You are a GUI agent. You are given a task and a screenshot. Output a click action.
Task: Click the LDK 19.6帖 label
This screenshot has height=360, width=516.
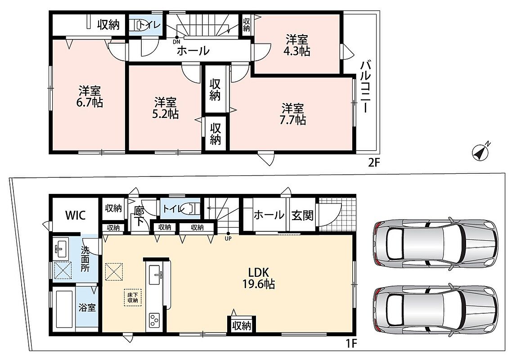[x=259, y=278]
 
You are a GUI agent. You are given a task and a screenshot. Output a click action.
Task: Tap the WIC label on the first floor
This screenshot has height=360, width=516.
[x=76, y=216]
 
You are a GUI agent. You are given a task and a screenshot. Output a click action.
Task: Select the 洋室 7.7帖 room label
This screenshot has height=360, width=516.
[x=292, y=114]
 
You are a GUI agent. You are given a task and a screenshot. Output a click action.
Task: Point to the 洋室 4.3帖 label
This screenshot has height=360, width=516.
[x=297, y=45]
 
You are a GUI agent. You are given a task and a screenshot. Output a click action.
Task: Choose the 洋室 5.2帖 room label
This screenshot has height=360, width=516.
[x=166, y=108]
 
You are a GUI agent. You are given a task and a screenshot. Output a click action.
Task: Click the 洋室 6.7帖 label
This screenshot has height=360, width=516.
[x=90, y=96]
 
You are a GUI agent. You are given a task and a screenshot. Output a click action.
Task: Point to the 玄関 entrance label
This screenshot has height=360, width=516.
[x=302, y=216]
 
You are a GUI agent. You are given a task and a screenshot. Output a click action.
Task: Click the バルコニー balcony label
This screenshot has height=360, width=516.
[x=365, y=86]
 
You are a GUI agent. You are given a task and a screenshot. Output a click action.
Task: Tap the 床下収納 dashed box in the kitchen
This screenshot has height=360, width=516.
[x=133, y=297]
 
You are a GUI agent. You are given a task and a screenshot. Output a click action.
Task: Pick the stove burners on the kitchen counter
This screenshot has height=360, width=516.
[x=154, y=320]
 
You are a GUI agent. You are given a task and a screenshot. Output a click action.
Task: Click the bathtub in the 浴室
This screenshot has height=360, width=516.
[x=64, y=309]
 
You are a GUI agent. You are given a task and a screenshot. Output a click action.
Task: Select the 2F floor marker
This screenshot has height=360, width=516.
[x=374, y=162]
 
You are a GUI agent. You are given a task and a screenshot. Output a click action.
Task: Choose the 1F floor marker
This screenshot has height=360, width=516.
[x=351, y=343]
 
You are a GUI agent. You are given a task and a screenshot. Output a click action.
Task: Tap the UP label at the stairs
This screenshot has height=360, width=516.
[x=228, y=239]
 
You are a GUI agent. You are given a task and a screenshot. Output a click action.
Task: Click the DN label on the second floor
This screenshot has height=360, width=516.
[x=177, y=42]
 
